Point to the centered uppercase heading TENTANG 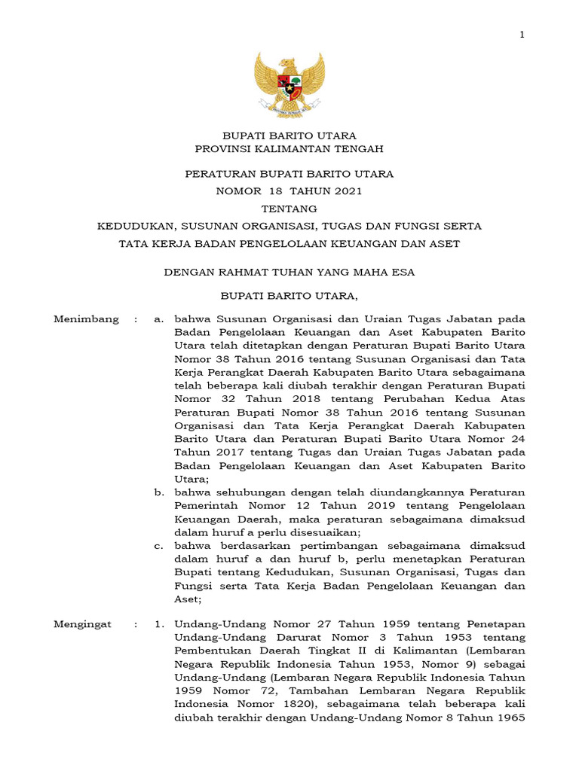pyautogui.click(x=289, y=209)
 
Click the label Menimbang pyautogui.click(x=86, y=319)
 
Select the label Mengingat pyautogui.click(x=82, y=625)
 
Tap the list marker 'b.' pyautogui.click(x=160, y=492)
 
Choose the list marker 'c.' pyautogui.click(x=160, y=545)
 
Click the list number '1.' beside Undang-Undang pyautogui.click(x=159, y=625)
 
